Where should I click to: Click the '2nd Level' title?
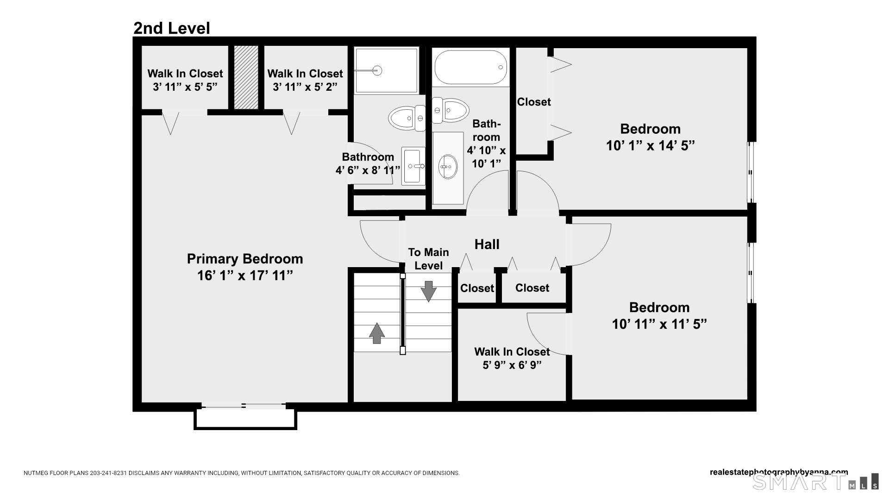pyautogui.click(x=172, y=28)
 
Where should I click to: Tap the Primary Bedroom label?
pyautogui.click(x=245, y=259)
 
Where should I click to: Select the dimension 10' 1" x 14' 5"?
pyautogui.click(x=650, y=146)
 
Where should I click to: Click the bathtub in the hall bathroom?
pyautogui.click(x=470, y=67)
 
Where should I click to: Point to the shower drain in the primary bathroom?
pyautogui.click(x=377, y=71)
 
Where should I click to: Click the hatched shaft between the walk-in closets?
pyautogui.click(x=246, y=77)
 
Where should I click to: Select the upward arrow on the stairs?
pyautogui.click(x=376, y=333)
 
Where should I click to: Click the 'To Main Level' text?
pyautogui.click(x=428, y=259)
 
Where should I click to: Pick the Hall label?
pyautogui.click(x=487, y=244)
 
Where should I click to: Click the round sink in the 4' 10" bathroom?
pyautogui.click(x=448, y=167)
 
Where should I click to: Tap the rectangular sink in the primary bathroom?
pyautogui.click(x=413, y=166)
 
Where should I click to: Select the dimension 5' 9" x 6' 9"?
pyautogui.click(x=512, y=365)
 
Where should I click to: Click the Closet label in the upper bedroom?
pyautogui.click(x=534, y=102)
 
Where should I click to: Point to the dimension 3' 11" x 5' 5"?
pyautogui.click(x=185, y=87)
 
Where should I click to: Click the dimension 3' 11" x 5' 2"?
pyautogui.click(x=305, y=87)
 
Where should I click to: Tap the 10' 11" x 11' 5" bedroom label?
pyautogui.click(x=659, y=307)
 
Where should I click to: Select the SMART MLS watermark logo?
pyautogui.click(x=815, y=482)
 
